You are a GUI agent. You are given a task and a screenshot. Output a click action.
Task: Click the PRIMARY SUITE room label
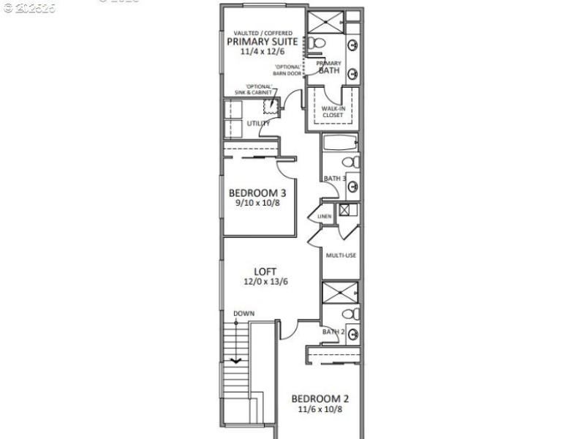[x=263, y=42]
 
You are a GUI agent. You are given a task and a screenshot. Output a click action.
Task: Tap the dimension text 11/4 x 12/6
[x=263, y=53]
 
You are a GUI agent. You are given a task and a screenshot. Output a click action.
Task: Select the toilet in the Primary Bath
[x=314, y=44]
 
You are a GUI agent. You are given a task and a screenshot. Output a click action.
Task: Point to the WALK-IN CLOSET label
[x=333, y=111]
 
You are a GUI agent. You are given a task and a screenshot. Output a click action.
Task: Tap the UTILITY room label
[x=258, y=123]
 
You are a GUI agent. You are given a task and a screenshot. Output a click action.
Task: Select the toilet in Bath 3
[x=350, y=162]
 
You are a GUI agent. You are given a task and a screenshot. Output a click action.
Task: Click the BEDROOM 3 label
[x=257, y=193]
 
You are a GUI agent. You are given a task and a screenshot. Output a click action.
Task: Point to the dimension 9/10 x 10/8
[x=257, y=203]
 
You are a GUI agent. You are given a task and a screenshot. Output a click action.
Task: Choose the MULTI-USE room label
[x=341, y=255]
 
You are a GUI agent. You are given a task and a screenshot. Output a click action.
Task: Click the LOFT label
[x=265, y=271]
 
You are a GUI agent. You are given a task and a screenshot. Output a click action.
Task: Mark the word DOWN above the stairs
[x=244, y=314]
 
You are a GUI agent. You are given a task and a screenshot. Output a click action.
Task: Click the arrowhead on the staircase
[x=236, y=360]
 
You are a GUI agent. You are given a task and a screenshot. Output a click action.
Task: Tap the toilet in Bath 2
[x=350, y=314]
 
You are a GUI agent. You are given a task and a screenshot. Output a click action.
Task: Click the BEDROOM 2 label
[x=320, y=399]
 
